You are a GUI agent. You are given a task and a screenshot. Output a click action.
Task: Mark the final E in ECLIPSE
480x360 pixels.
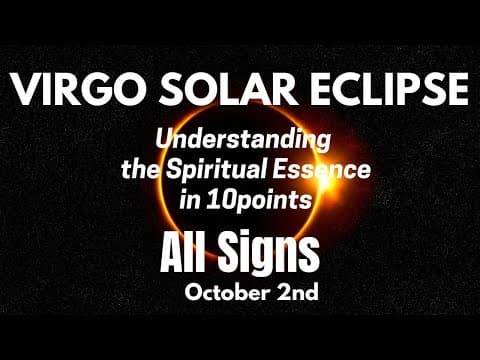coord(455,91)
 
